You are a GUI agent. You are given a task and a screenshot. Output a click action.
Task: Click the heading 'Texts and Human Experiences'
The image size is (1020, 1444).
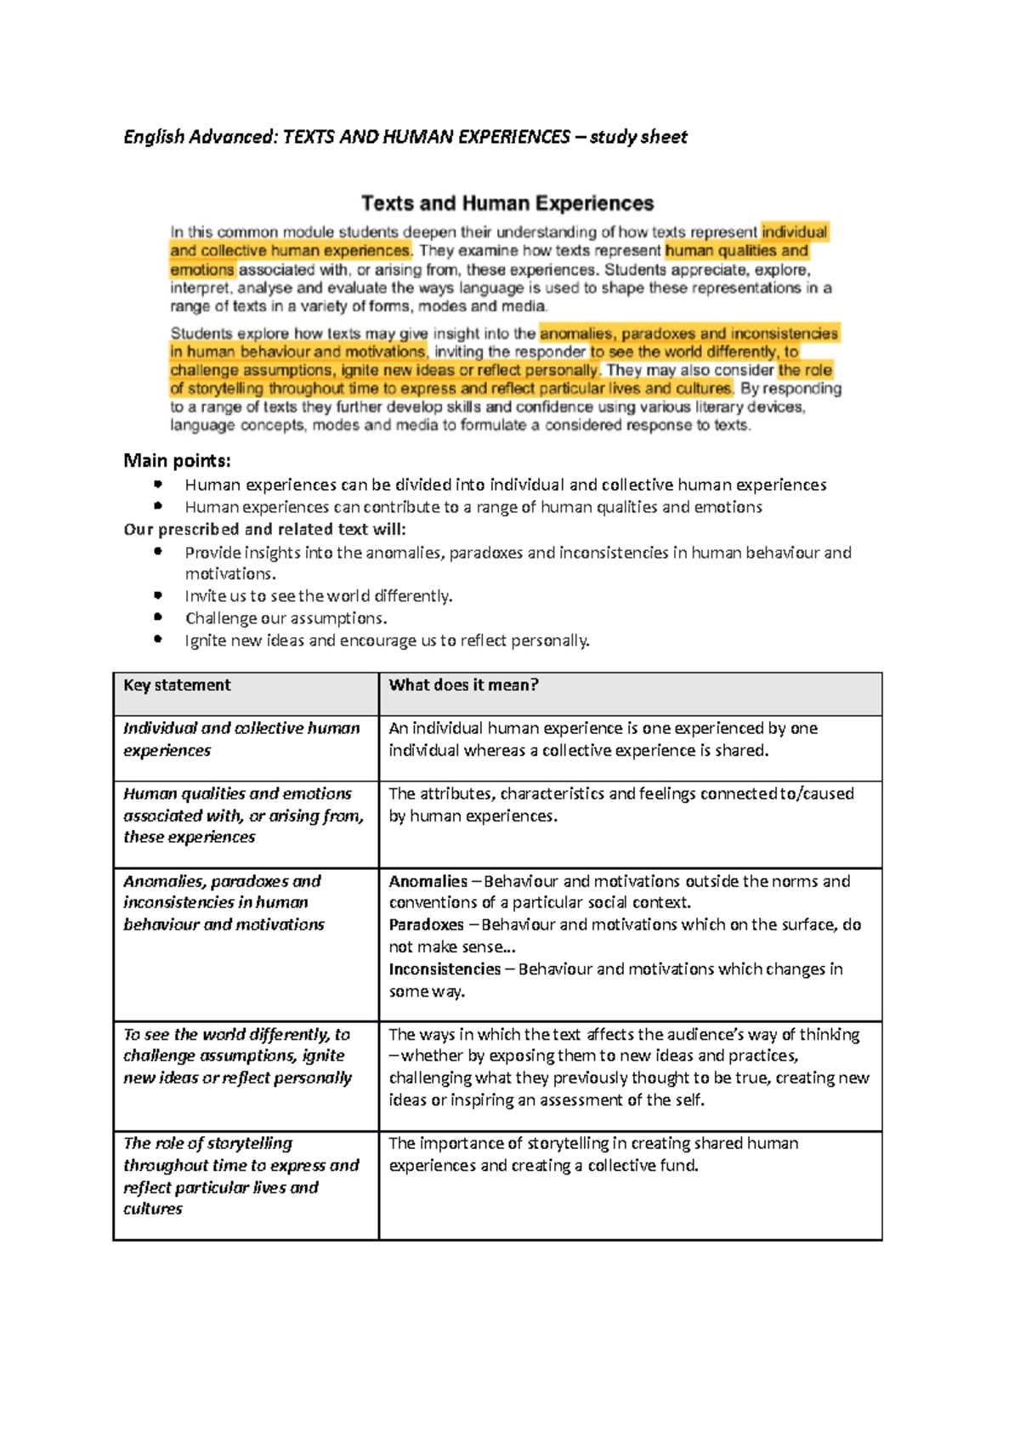(507, 203)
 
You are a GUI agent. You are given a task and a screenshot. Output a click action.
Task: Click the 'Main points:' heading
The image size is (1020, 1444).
(177, 461)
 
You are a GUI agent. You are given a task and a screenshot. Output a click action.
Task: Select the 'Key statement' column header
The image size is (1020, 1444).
(177, 685)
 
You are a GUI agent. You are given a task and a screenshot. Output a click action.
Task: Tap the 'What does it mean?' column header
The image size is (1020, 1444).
(463, 685)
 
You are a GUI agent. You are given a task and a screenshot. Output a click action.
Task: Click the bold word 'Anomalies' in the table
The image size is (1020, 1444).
(428, 882)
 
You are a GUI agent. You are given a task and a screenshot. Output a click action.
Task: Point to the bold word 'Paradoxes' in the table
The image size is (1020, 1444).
(426, 924)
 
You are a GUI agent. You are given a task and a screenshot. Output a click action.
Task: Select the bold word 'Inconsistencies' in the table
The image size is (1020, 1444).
(445, 969)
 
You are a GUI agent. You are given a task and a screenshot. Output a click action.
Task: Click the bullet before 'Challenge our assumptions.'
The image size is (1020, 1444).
(158, 617)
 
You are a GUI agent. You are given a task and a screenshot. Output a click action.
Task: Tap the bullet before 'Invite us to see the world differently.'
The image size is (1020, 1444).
(158, 595)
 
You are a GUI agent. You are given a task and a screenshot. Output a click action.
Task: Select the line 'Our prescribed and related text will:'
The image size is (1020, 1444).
(264, 529)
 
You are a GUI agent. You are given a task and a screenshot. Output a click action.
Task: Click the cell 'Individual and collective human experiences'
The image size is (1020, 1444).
(241, 739)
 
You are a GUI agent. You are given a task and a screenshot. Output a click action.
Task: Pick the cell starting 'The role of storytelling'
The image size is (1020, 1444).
(241, 1175)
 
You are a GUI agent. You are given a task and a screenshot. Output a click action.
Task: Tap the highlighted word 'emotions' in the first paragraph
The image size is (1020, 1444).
(201, 270)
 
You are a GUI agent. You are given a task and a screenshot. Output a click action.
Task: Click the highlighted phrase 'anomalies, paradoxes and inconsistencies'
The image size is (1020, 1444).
(688, 333)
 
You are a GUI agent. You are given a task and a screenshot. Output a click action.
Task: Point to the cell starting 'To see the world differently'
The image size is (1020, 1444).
(237, 1056)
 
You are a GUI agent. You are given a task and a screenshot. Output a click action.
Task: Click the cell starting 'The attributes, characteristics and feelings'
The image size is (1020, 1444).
(620, 804)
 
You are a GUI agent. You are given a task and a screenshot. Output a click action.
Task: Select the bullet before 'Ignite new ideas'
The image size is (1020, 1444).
(158, 640)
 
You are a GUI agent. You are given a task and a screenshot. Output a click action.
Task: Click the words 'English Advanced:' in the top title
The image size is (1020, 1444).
(200, 137)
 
